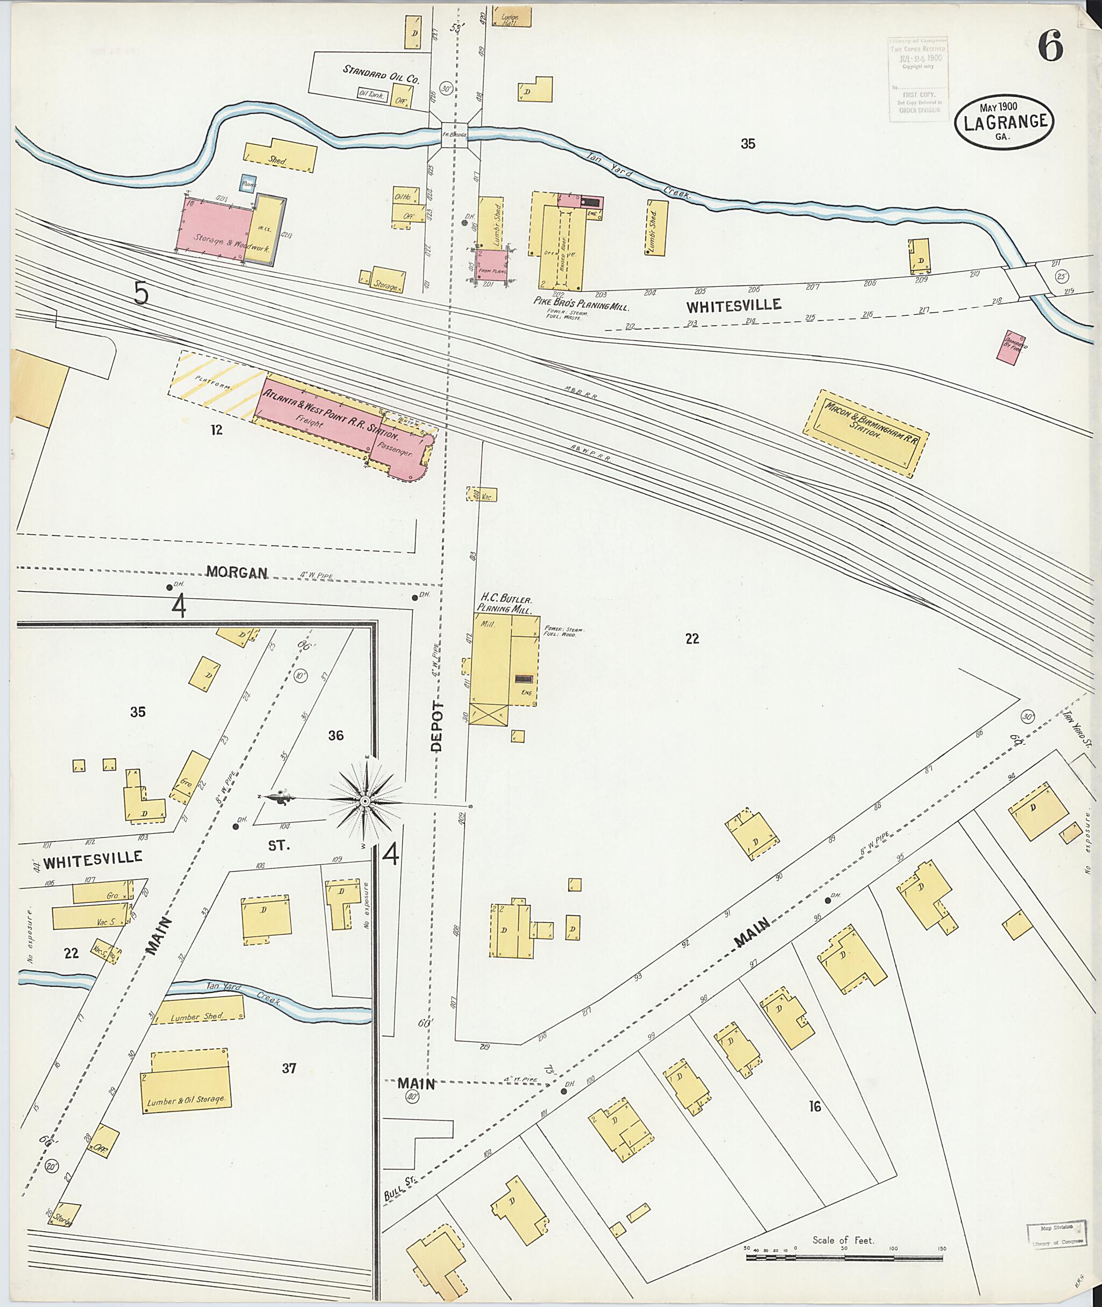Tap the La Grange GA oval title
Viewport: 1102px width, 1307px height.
[x=1005, y=123]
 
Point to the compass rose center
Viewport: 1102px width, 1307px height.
[x=365, y=801]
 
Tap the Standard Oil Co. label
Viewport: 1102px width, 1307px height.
[x=380, y=74]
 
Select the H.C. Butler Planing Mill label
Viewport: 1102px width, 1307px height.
[x=505, y=604]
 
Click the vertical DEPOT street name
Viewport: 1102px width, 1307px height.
[x=437, y=726]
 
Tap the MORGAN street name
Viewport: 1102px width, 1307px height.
[x=237, y=573]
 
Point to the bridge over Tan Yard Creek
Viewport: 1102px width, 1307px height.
[x=455, y=133]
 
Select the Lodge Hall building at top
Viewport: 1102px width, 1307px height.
[x=511, y=17]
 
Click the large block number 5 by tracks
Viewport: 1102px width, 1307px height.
[x=142, y=294]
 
